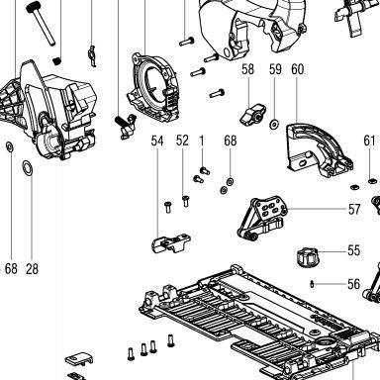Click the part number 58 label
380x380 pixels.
(x=247, y=69)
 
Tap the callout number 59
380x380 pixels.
(x=275, y=69)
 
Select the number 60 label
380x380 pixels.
(x=297, y=69)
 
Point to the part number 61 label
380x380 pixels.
(x=369, y=141)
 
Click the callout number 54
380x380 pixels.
(x=157, y=141)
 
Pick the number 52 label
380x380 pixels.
(x=182, y=141)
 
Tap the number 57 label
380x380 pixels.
(x=354, y=209)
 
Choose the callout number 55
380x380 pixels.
(x=353, y=250)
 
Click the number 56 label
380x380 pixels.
(x=353, y=284)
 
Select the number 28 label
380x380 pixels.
(x=32, y=269)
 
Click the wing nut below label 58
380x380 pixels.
(x=252, y=114)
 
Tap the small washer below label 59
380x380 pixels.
(x=274, y=125)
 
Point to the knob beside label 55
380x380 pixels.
(x=308, y=257)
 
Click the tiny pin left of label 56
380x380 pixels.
(x=312, y=284)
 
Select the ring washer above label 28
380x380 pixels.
(x=28, y=168)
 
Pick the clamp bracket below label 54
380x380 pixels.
(x=171, y=243)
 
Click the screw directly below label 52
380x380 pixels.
(x=186, y=201)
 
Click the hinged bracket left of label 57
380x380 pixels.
(x=262, y=217)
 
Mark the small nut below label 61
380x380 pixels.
(x=372, y=181)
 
